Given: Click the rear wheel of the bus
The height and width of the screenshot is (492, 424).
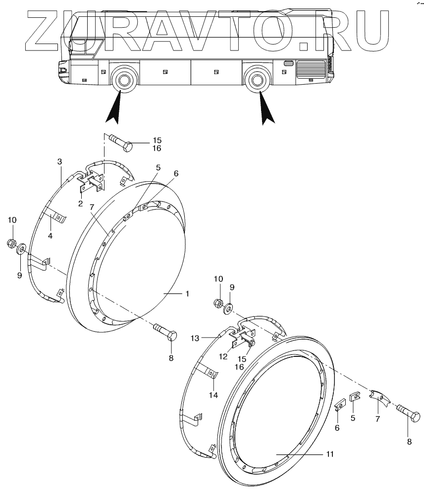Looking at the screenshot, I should pyautogui.click(x=257, y=80).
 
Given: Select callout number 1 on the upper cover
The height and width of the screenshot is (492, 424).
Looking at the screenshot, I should pyautogui.click(x=187, y=294).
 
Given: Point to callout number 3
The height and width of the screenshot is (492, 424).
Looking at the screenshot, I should pyautogui.click(x=59, y=162).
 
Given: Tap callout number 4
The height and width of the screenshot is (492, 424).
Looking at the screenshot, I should pyautogui.click(x=50, y=236).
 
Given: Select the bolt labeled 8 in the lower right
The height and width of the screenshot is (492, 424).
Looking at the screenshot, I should pyautogui.click(x=409, y=415).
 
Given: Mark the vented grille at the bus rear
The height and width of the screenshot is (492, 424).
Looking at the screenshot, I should pyautogui.click(x=310, y=69).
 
